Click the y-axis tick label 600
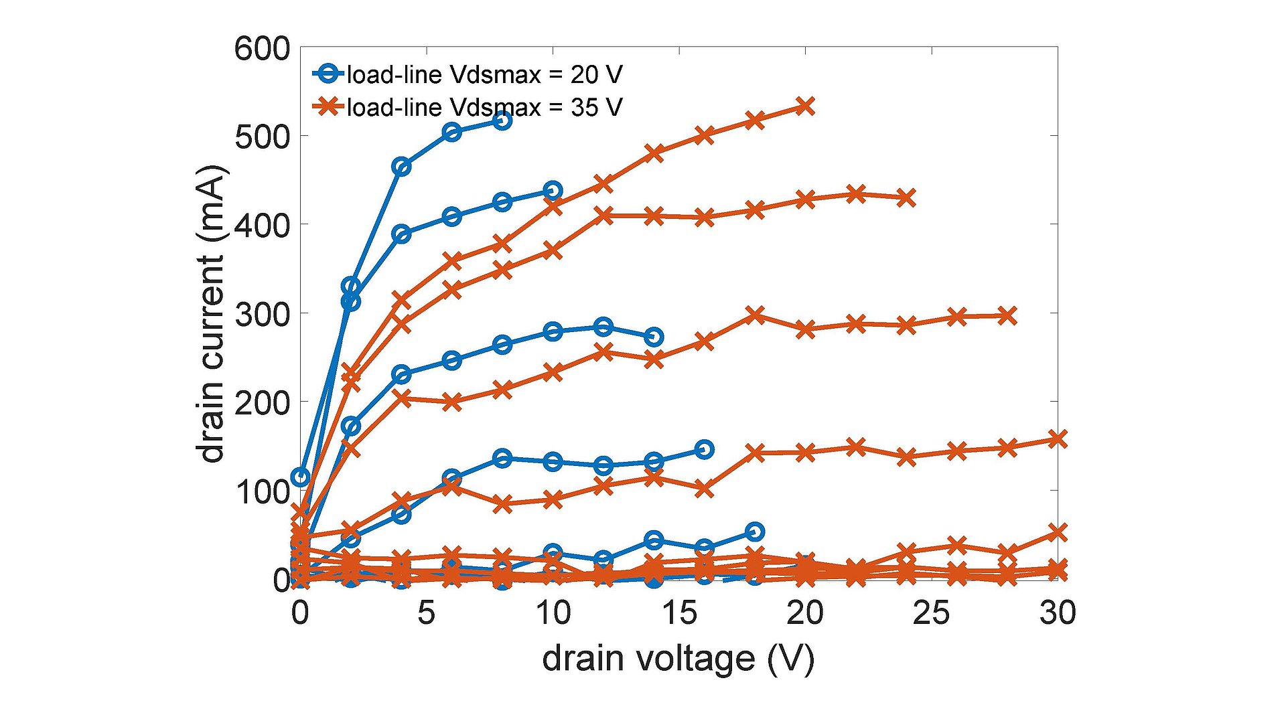click(x=262, y=49)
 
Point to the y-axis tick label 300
click(x=262, y=314)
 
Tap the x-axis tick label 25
click(x=931, y=613)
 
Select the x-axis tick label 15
click(x=679, y=613)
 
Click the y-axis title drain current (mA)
click(x=212, y=313)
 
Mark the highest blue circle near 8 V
click(x=502, y=120)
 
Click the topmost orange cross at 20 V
click(x=806, y=106)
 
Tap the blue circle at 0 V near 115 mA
click(x=301, y=477)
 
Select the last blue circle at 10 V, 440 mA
click(x=553, y=190)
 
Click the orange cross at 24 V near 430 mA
click(x=906, y=198)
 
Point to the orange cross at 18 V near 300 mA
click(x=755, y=315)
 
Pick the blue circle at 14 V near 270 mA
click(x=654, y=337)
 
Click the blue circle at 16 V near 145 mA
click(x=704, y=449)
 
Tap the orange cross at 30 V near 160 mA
click(x=1057, y=439)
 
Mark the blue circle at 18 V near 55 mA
click(x=755, y=532)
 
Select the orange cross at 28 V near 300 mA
click(x=1007, y=316)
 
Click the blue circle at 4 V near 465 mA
click(x=401, y=167)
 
